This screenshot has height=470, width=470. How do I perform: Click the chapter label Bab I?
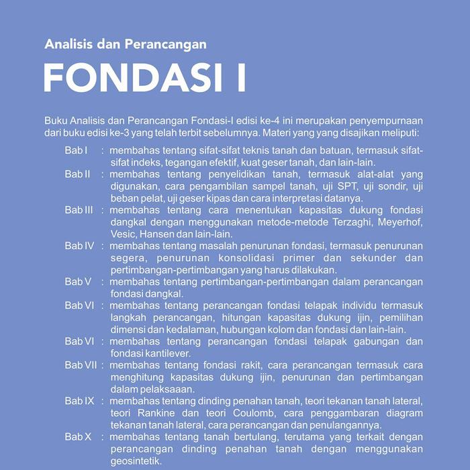click(77, 150)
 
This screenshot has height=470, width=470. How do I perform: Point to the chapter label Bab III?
click(79, 210)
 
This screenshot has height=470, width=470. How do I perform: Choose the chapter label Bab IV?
click(79, 246)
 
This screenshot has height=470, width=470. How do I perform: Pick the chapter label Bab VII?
click(80, 365)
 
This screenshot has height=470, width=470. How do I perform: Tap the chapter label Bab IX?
click(79, 401)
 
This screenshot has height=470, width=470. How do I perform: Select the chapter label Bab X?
click(78, 437)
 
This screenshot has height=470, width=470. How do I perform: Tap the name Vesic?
click(122, 234)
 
